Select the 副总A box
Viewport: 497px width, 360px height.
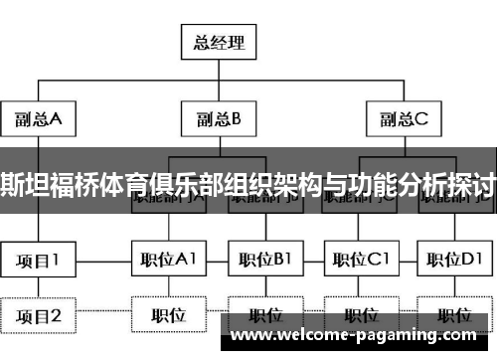click(39, 120)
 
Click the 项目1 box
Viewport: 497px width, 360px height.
click(38, 261)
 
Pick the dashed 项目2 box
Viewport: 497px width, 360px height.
click(38, 316)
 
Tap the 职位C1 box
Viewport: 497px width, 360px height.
click(359, 261)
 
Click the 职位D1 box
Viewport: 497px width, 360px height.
click(452, 261)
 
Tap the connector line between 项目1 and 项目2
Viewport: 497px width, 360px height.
click(38, 288)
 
